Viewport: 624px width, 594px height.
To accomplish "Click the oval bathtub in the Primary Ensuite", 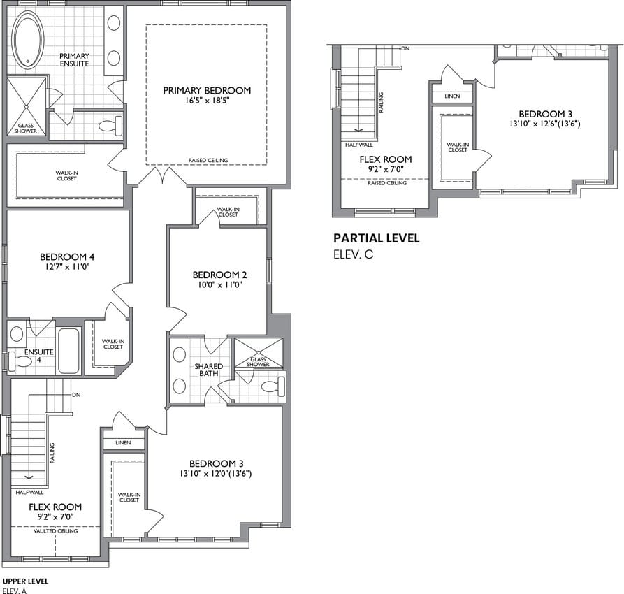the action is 28,39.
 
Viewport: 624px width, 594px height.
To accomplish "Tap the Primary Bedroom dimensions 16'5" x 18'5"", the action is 207,100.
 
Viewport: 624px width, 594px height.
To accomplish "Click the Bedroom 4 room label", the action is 67,256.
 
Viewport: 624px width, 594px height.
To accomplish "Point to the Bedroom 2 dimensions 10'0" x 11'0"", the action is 219,284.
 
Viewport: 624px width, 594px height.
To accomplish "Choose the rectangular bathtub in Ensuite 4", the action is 68,350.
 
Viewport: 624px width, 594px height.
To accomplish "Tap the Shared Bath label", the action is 208,370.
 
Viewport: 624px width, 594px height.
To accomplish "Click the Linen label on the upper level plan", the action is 123,443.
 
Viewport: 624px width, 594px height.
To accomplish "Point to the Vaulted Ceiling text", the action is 56,531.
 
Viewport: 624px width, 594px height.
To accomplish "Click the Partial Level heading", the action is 376,238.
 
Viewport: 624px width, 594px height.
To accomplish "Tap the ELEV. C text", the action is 354,254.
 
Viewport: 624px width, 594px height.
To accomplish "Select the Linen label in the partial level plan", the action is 452,96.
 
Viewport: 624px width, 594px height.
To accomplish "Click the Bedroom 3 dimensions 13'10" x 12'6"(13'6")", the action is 544,124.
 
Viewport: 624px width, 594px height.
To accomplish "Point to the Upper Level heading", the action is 25,581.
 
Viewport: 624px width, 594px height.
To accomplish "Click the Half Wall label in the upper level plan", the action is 29,493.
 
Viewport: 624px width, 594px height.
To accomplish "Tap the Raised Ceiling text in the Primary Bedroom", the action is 208,160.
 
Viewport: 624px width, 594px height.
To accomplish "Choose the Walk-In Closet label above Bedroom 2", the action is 228,212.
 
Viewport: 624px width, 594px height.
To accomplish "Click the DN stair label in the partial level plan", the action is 405,49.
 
